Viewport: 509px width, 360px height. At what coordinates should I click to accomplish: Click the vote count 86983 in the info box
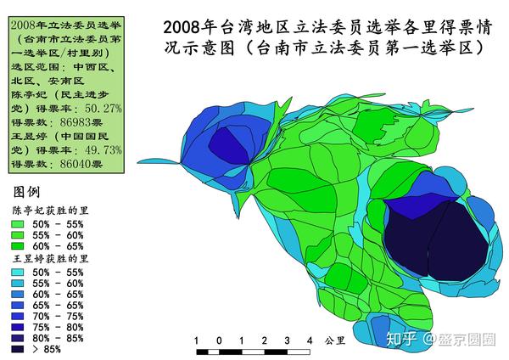coord(76,122)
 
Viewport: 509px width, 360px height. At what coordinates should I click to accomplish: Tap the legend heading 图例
coord(27,188)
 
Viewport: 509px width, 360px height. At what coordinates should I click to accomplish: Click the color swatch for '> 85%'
coord(19,347)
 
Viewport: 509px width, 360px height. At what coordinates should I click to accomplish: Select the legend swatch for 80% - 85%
coord(19,336)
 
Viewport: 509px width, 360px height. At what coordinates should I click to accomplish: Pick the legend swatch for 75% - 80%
coord(19,324)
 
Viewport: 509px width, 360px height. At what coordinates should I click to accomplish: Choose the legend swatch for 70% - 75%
coord(19,313)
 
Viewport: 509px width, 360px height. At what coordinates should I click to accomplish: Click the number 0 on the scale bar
coord(219,341)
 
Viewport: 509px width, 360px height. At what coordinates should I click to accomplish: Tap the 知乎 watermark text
coord(400,340)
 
